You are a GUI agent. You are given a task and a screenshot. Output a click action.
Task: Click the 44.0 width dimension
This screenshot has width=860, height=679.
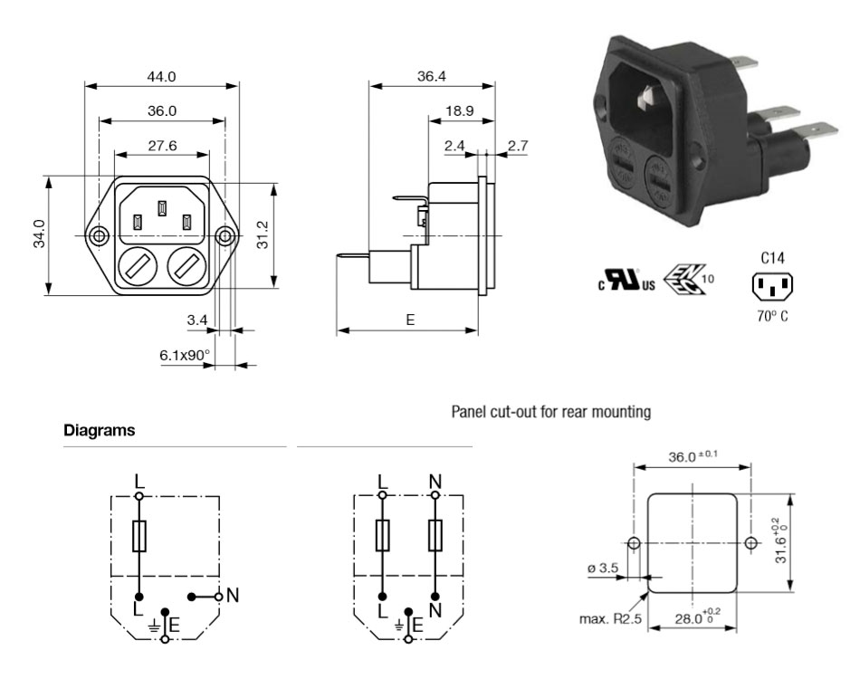point(161,78)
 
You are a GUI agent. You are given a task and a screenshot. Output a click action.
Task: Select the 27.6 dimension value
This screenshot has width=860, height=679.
point(161,145)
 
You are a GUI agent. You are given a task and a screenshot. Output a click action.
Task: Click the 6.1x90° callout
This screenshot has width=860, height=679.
point(184,356)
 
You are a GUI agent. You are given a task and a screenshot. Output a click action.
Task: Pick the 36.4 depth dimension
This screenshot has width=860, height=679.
point(431,77)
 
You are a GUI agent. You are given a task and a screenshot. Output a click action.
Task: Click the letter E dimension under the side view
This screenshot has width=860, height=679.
point(409,320)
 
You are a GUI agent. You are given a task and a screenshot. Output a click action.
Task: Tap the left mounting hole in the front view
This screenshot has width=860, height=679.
point(99,237)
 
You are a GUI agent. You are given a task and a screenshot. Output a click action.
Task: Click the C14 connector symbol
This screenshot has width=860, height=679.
point(772,287)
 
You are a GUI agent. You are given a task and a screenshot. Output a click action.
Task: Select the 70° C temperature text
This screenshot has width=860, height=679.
point(772,318)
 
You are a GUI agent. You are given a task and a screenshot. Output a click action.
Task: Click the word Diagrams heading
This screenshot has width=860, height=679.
point(100,431)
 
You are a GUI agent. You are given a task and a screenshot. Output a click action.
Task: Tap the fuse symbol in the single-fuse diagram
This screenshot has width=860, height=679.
point(140,537)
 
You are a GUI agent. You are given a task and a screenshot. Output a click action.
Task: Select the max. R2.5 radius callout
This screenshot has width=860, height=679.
point(608,620)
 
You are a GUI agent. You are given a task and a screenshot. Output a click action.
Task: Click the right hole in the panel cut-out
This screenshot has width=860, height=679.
point(750,543)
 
